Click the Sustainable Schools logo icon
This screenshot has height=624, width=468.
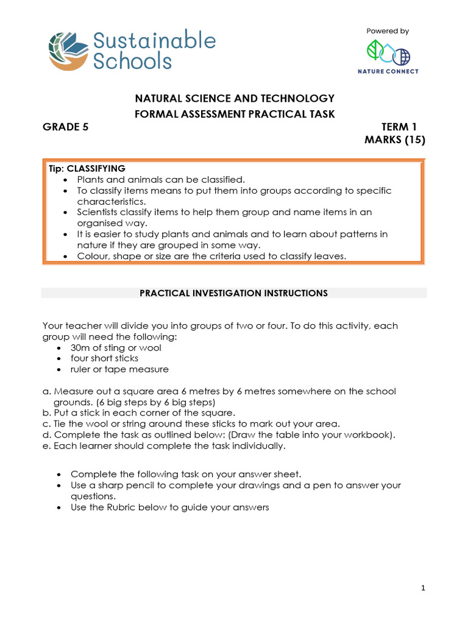[x=68, y=52]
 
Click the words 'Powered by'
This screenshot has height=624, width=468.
[x=388, y=31]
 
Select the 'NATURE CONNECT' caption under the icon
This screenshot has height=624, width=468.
[x=388, y=71]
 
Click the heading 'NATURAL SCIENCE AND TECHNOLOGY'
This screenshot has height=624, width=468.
[x=234, y=98]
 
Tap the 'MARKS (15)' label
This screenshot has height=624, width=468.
[x=394, y=141]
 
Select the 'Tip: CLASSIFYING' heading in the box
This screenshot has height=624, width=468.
[x=87, y=168]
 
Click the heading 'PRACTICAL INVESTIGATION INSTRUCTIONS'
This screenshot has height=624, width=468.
[x=234, y=293]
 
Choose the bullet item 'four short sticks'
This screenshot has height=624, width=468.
[x=104, y=358]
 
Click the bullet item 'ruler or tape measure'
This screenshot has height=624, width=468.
[x=119, y=369]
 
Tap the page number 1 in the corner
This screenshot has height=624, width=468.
[x=422, y=587]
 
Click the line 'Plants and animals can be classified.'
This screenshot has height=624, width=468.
[x=160, y=179]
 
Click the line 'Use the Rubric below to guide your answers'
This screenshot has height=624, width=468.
[x=169, y=507]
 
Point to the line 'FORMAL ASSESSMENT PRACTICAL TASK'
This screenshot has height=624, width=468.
[x=234, y=114]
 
